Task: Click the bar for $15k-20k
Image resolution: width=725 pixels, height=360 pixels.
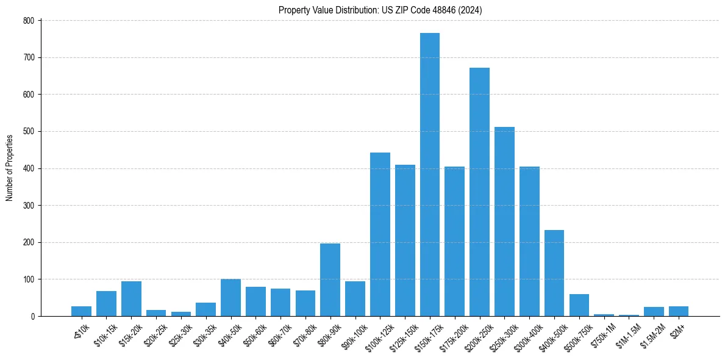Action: coord(131,298)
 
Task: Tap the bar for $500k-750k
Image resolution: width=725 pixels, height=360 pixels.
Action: coord(579,305)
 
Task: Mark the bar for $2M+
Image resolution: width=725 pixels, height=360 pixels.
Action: coord(678,311)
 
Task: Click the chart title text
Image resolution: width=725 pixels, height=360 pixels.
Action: coord(380,10)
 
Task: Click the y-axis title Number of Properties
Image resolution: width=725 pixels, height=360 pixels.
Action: coord(9,168)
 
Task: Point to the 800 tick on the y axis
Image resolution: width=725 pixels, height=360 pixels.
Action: coord(29,21)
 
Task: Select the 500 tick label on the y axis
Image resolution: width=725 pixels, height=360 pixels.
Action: coord(29,132)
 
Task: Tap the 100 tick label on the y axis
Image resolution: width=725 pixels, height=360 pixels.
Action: coord(29,279)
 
